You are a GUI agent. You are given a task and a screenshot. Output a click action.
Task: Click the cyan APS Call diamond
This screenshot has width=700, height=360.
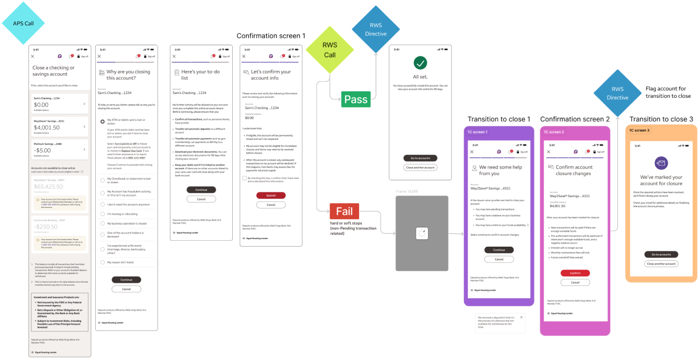pyautogui.click(x=23, y=23)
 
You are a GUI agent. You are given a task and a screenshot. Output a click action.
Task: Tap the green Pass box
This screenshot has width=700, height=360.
pyautogui.click(x=355, y=99)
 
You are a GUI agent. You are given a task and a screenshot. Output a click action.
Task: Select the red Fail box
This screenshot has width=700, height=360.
pyautogui.click(x=344, y=212)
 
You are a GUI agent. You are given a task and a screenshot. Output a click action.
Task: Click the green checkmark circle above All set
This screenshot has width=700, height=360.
pyautogui.click(x=420, y=63)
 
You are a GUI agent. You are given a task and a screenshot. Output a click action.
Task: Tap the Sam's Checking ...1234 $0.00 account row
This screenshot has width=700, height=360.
pyautogui.click(x=60, y=103)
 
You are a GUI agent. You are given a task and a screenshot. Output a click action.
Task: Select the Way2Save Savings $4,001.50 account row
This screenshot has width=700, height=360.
pyautogui.click(x=60, y=126)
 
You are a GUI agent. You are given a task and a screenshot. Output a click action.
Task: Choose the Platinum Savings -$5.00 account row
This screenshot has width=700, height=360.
pyautogui.click(x=60, y=149)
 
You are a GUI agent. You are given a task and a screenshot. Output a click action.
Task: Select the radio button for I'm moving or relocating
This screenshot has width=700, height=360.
pyautogui.click(x=103, y=213)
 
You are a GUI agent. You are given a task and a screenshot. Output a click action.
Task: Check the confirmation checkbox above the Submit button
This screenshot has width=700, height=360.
pyautogui.click(x=245, y=178)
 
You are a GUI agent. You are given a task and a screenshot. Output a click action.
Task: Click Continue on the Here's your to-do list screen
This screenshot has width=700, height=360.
pyautogui.click(x=201, y=190)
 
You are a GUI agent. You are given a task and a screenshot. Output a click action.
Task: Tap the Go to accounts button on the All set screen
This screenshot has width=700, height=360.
pyautogui.click(x=420, y=158)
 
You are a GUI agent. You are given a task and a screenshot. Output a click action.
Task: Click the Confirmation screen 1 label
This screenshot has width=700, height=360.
pyautogui.click(x=271, y=36)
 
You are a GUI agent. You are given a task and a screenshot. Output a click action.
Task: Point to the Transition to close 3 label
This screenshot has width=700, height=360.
pyautogui.click(x=661, y=119)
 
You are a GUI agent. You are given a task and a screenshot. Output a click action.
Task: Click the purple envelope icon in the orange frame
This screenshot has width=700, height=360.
pyautogui.click(x=661, y=163)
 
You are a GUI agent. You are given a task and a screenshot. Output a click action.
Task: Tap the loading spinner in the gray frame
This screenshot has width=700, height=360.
pyautogui.click(x=422, y=233)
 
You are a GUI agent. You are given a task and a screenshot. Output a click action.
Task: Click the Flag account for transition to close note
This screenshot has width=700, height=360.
pyautogui.click(x=668, y=92)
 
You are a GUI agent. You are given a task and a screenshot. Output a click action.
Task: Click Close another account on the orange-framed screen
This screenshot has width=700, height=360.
pyautogui.click(x=661, y=264)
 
